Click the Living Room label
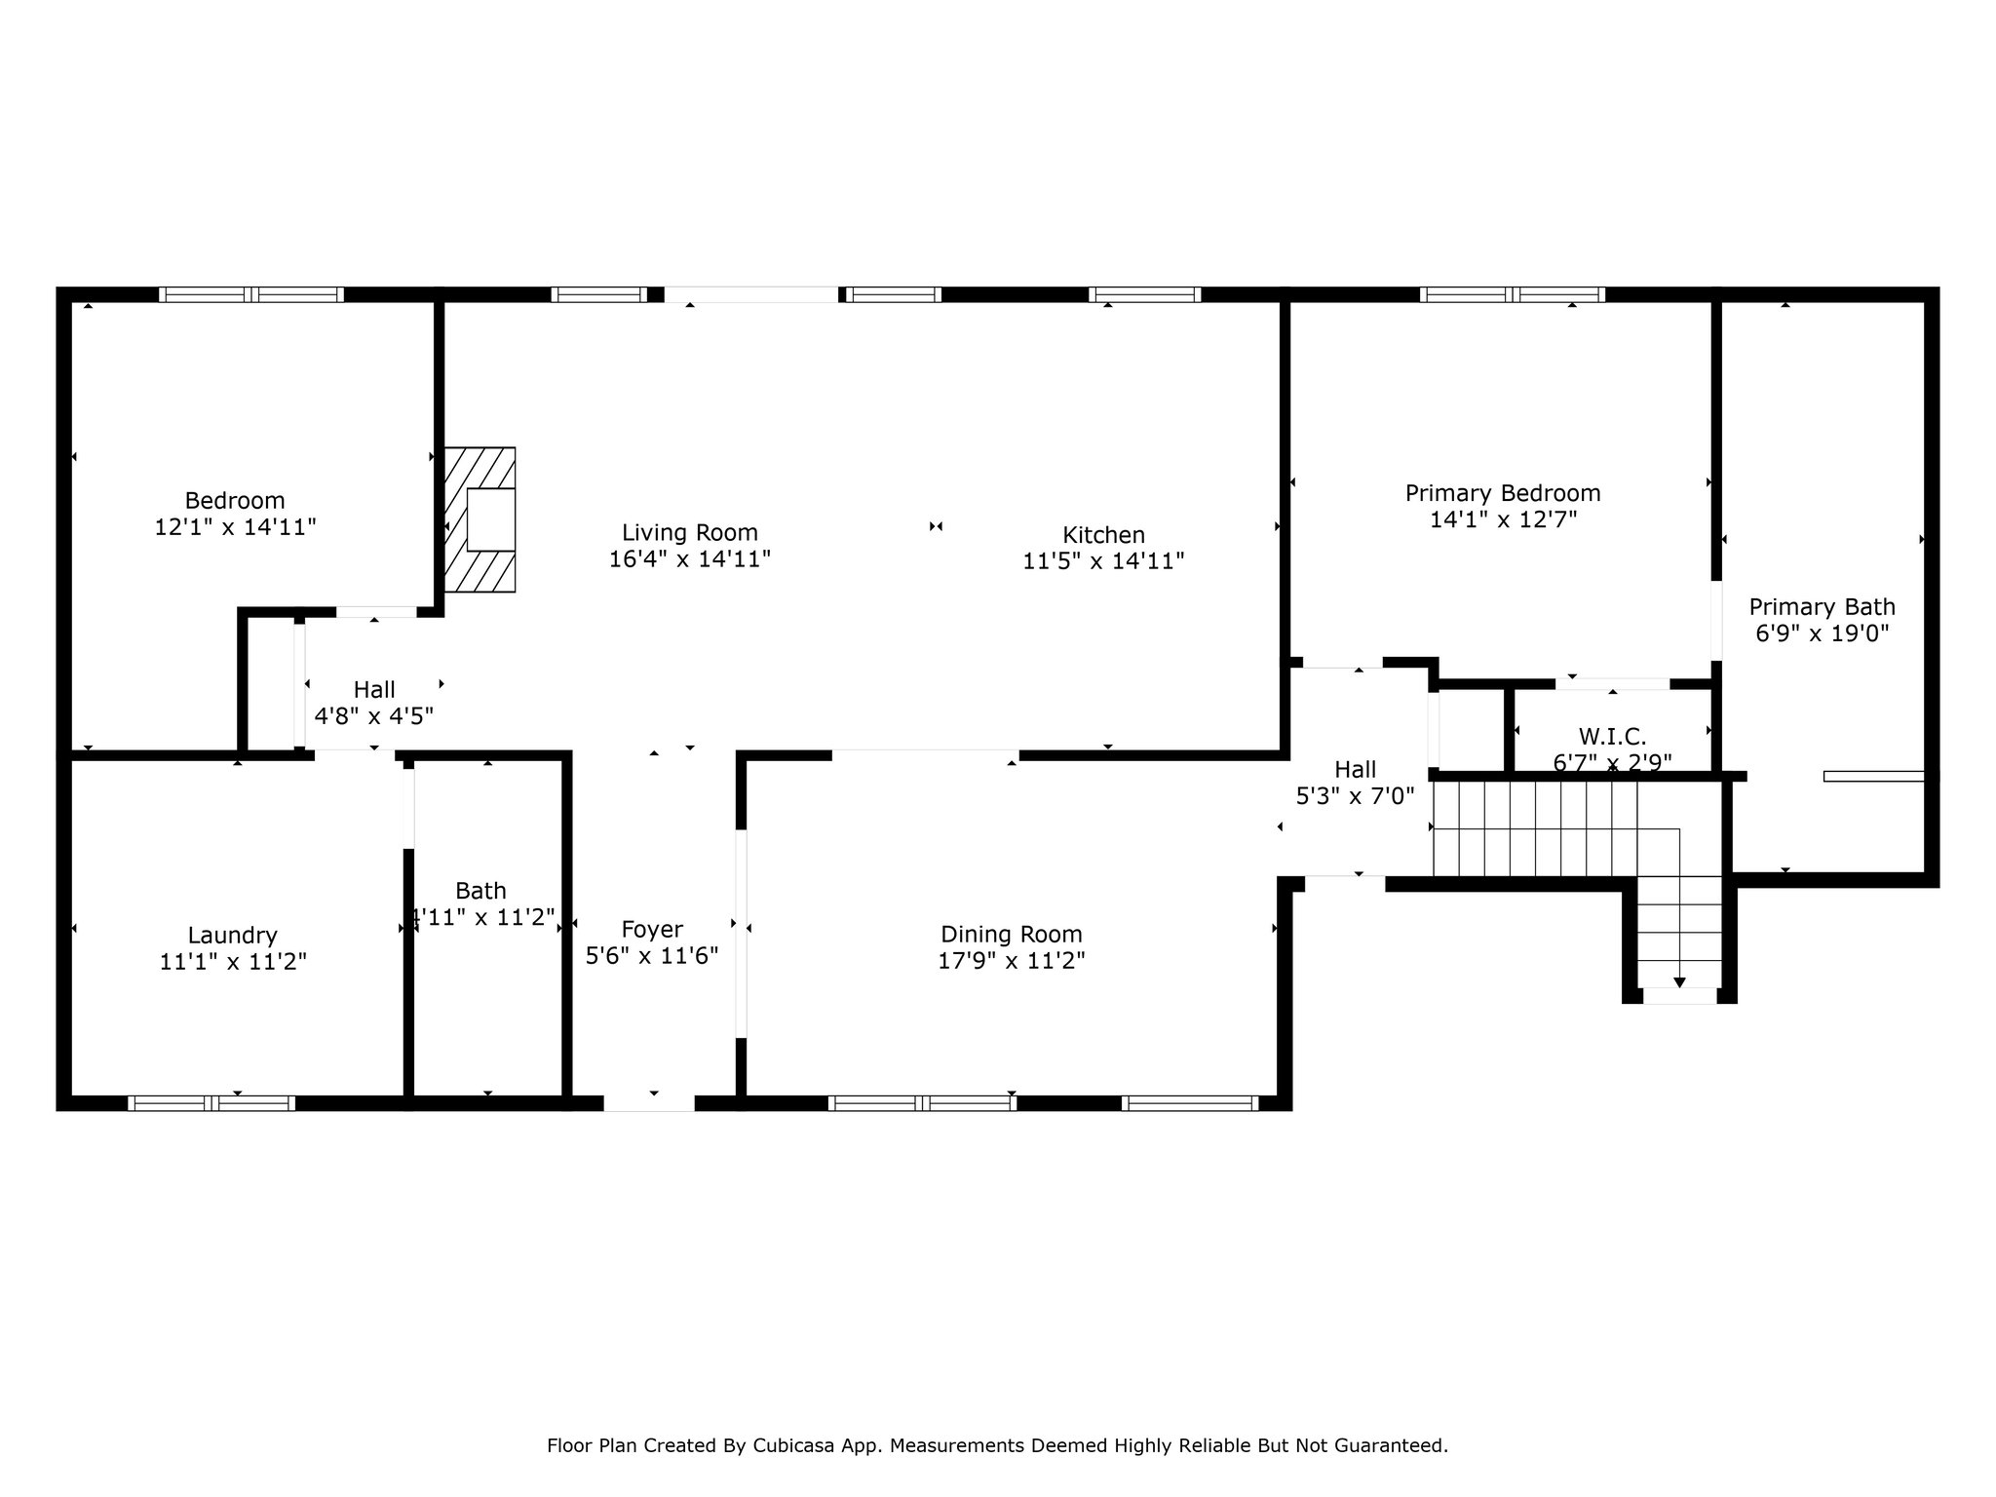click(x=690, y=533)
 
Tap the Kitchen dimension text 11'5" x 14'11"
click(x=1103, y=561)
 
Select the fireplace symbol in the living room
click(x=480, y=519)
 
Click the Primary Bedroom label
click(x=1503, y=493)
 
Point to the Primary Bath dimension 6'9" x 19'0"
click(x=1823, y=633)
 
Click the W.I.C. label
click(x=1613, y=737)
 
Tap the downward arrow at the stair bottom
click(x=1679, y=982)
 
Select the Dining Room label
click(x=1012, y=935)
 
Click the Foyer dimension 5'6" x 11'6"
click(x=652, y=956)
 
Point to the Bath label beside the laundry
click(x=480, y=891)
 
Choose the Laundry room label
click(x=233, y=937)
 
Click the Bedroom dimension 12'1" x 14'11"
click(x=236, y=527)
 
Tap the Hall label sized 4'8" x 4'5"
click(x=374, y=690)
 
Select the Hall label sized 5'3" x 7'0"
click(x=1355, y=770)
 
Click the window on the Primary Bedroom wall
click(x=1512, y=294)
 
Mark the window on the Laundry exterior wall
click(x=211, y=1103)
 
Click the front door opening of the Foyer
click(x=649, y=1103)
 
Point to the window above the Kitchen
click(x=1144, y=294)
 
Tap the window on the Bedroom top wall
click(x=251, y=294)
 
